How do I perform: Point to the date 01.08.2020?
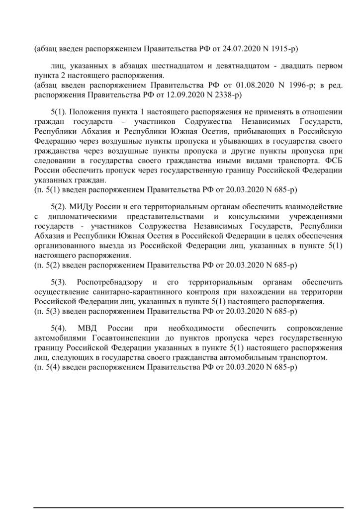pos(239,85)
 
